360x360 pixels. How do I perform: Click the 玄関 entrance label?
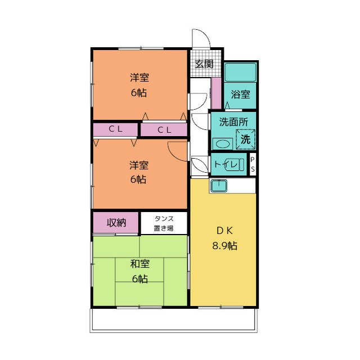tap(204, 64)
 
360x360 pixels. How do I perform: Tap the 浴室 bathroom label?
tap(240, 94)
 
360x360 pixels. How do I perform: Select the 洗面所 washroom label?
tap(233, 122)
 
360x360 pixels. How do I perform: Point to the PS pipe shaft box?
tap(253, 164)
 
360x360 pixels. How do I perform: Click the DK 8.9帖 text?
tap(224, 238)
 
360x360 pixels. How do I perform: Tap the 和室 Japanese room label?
tap(140, 264)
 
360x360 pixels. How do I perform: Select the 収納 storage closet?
tap(116, 223)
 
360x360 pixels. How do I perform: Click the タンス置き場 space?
tap(164, 223)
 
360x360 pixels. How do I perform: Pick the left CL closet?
tap(115, 130)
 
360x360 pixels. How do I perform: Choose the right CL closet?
tap(164, 130)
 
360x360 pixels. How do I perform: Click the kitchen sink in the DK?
tap(219, 186)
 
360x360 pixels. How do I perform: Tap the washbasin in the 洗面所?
tap(223, 144)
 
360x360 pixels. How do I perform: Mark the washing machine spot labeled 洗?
tap(245, 139)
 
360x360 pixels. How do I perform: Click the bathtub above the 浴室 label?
tap(240, 72)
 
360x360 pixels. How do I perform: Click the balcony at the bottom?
tap(174, 320)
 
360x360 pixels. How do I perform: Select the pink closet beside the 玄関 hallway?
tap(216, 93)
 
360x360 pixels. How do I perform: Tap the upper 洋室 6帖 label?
tap(139, 85)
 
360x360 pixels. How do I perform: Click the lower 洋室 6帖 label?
tap(139, 172)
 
